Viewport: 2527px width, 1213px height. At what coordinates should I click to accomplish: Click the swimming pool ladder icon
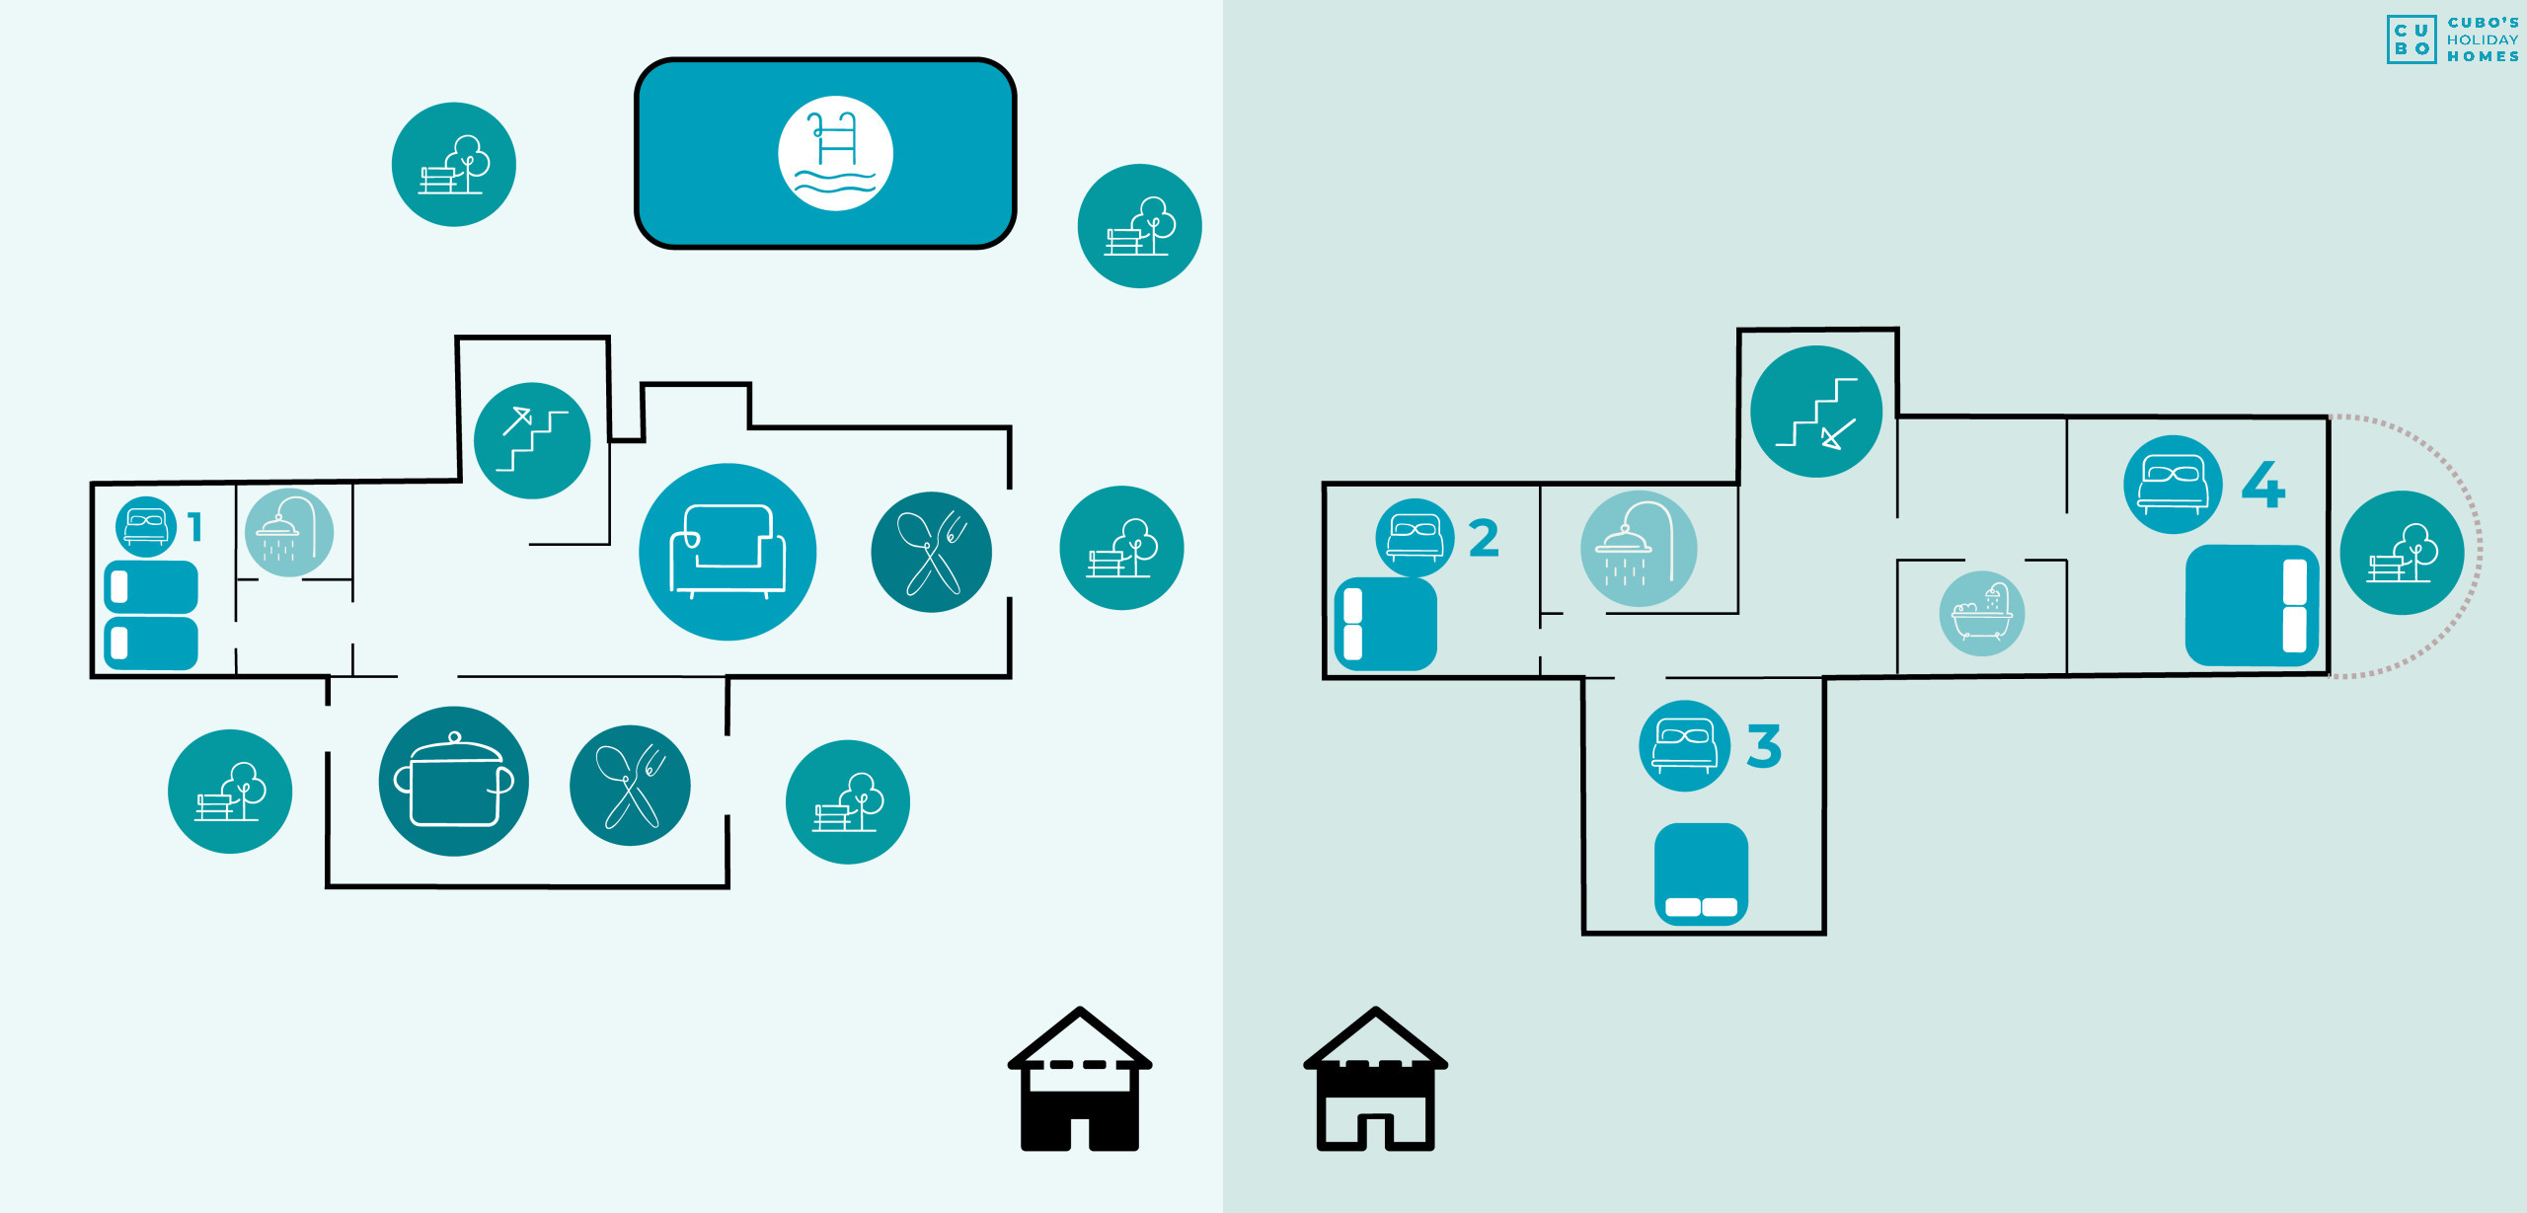click(x=835, y=153)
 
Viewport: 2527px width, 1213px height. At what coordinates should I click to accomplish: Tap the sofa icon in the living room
click(x=727, y=551)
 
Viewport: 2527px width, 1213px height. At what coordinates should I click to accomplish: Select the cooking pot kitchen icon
click(x=453, y=781)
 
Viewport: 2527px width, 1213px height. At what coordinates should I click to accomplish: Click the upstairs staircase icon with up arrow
click(x=532, y=440)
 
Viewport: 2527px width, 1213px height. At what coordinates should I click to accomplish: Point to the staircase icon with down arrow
click(x=1815, y=412)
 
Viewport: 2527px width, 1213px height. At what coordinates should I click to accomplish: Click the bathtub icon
click(x=1981, y=613)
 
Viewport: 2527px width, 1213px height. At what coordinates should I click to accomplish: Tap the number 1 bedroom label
click(x=195, y=527)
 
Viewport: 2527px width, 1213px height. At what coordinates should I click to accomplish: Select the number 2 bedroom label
click(x=1483, y=538)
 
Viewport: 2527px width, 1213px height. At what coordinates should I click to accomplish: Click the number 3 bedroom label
click(x=1763, y=746)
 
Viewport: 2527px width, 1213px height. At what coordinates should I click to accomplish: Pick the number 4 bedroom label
click(x=2262, y=485)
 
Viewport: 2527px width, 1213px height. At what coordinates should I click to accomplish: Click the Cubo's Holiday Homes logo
click(x=2452, y=39)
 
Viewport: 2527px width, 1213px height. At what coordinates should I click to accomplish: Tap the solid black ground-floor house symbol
click(x=1079, y=1080)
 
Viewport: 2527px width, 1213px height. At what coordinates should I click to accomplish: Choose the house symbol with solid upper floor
click(x=1375, y=1080)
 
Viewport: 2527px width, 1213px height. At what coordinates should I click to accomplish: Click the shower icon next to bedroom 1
click(x=288, y=532)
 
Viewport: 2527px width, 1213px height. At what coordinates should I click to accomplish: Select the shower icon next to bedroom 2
click(x=1638, y=549)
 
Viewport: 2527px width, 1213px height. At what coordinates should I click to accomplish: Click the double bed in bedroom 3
click(x=1701, y=873)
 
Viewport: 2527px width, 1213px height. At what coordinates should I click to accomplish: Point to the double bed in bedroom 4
click(x=2251, y=605)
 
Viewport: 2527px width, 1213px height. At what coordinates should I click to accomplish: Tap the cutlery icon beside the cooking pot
click(x=630, y=785)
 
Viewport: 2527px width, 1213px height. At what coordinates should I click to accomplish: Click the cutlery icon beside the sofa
click(x=931, y=552)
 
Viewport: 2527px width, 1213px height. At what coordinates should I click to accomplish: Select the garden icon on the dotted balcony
click(x=2401, y=553)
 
